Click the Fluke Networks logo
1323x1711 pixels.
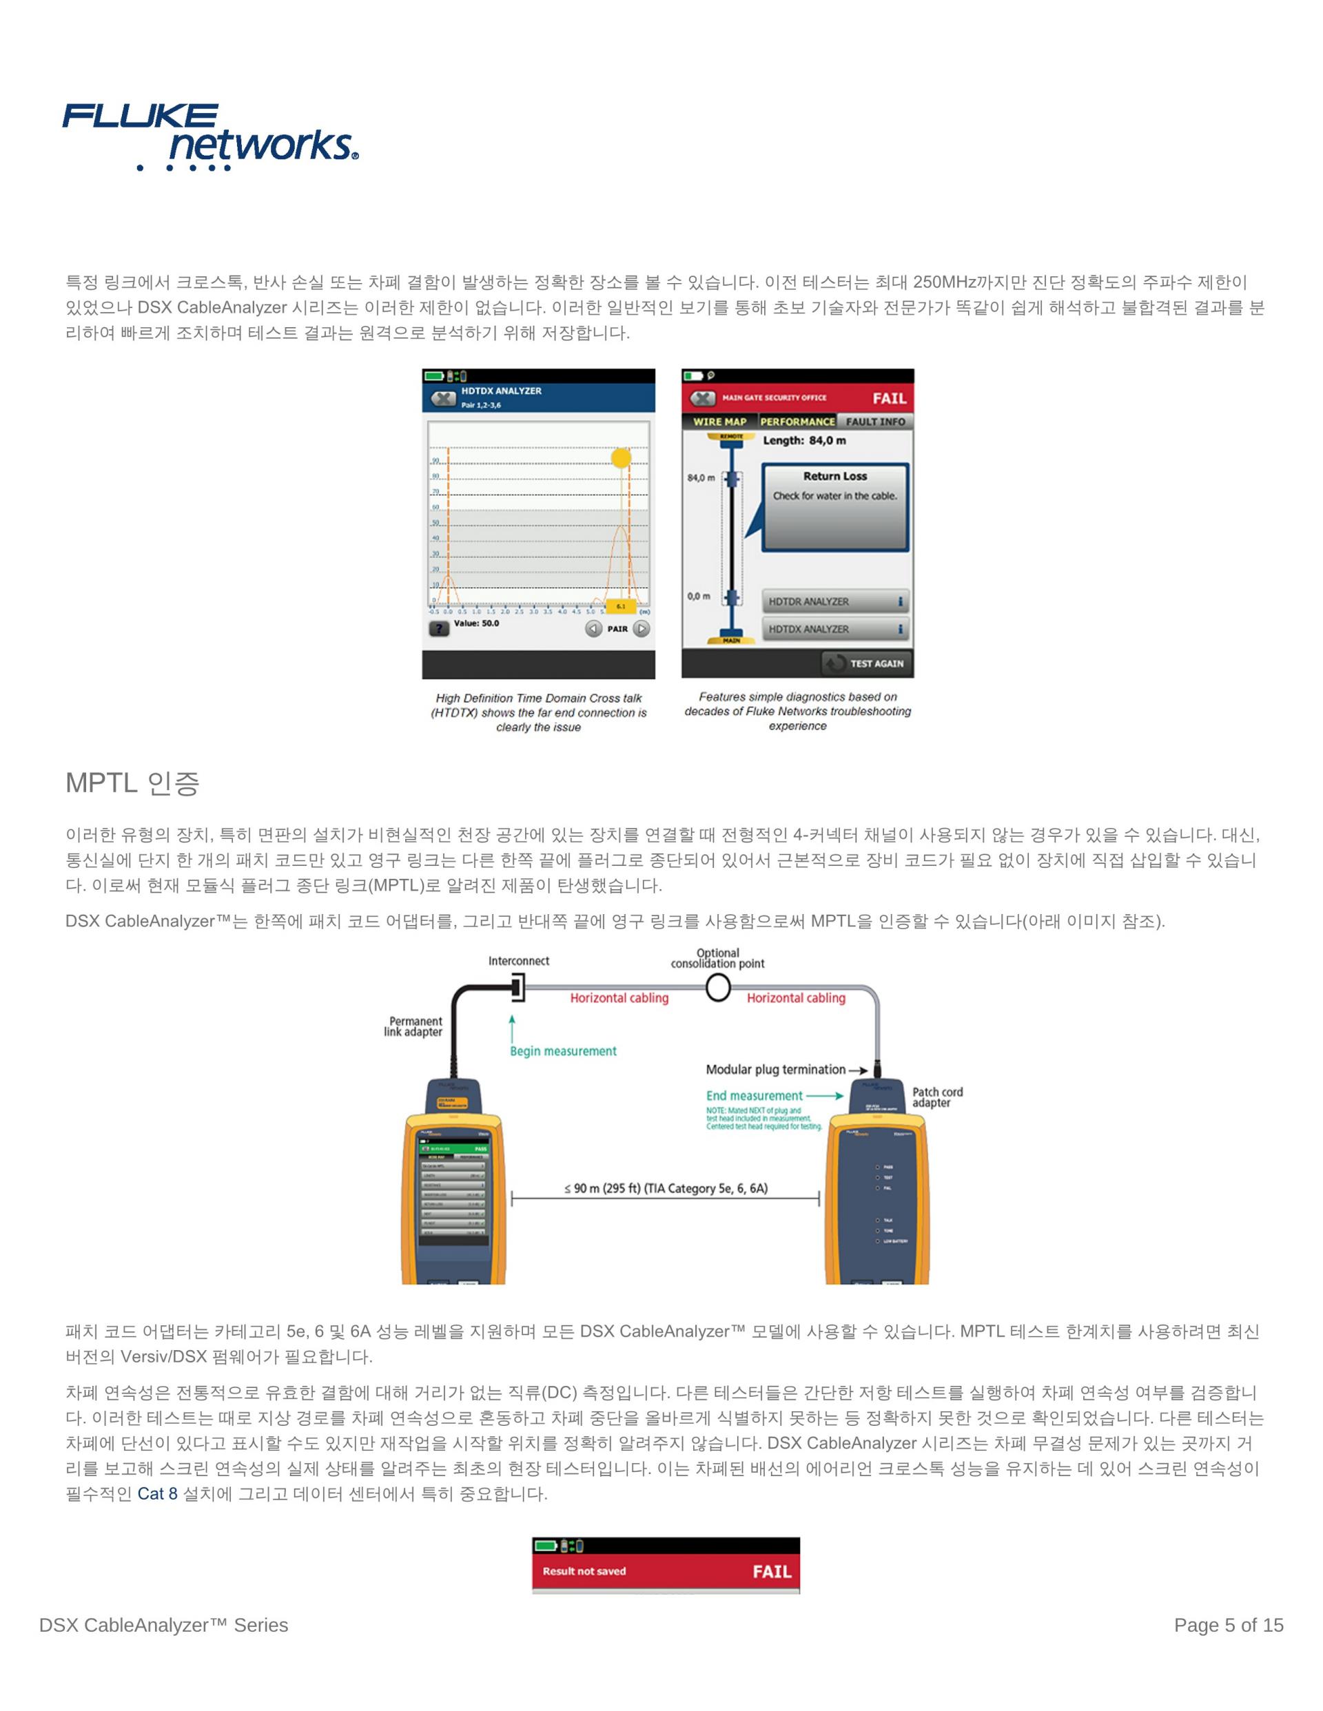[x=210, y=136]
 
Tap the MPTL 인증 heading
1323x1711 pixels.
[x=132, y=782]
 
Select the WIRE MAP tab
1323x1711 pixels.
[x=719, y=422]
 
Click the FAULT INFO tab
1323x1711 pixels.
[x=874, y=422]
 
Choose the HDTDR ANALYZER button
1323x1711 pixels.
[x=834, y=601]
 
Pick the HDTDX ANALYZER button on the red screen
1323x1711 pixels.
[x=834, y=629]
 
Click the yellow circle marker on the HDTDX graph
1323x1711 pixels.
[x=621, y=457]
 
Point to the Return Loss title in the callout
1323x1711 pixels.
[x=834, y=477]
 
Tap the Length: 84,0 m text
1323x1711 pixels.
[x=804, y=440]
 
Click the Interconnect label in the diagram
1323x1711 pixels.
[x=518, y=962]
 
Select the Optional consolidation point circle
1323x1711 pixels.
[x=718, y=988]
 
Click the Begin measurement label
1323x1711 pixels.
[x=563, y=1051]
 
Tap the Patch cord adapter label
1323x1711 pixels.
[x=936, y=1097]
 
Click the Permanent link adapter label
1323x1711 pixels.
[x=414, y=1026]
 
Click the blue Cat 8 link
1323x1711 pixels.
[x=158, y=1494]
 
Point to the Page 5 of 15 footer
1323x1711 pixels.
[x=1228, y=1626]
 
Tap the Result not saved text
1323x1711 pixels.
[x=584, y=1572]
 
